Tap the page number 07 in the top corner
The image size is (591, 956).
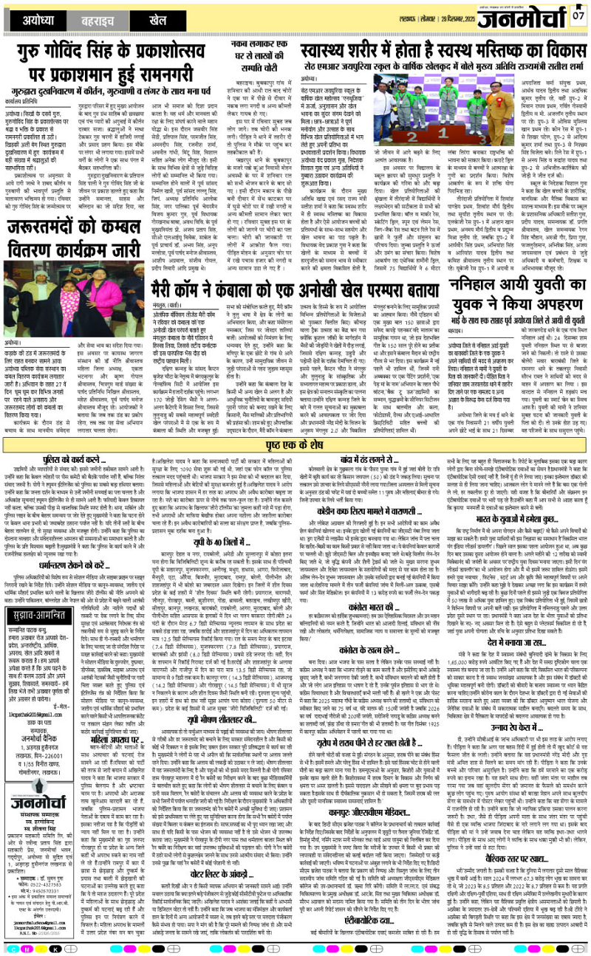pyautogui.click(x=578, y=14)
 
